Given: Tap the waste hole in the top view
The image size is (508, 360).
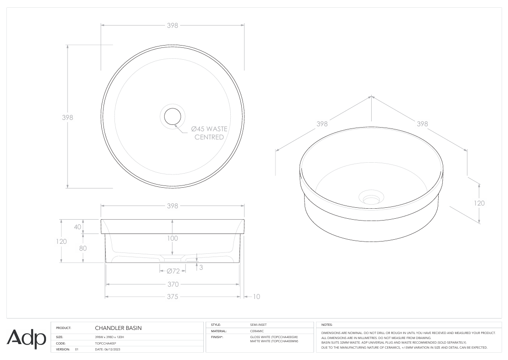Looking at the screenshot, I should (172, 116).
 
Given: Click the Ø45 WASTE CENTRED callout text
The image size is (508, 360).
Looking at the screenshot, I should (209, 133).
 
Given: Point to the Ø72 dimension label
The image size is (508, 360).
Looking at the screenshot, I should (173, 271).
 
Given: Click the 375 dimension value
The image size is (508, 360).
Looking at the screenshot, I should (172, 297).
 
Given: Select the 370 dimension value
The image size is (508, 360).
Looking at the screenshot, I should (172, 284).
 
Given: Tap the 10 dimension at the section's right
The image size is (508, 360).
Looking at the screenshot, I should (256, 297).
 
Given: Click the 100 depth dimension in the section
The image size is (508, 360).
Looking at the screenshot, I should (172, 238).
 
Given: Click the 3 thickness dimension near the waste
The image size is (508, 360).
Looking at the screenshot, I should (201, 267).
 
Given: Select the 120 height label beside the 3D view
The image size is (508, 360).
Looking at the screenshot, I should (479, 203).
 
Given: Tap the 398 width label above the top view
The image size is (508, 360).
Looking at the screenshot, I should (172, 25).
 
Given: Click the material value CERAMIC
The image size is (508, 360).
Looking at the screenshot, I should (257, 331).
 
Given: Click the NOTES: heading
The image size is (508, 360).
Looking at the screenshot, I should (327, 324).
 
